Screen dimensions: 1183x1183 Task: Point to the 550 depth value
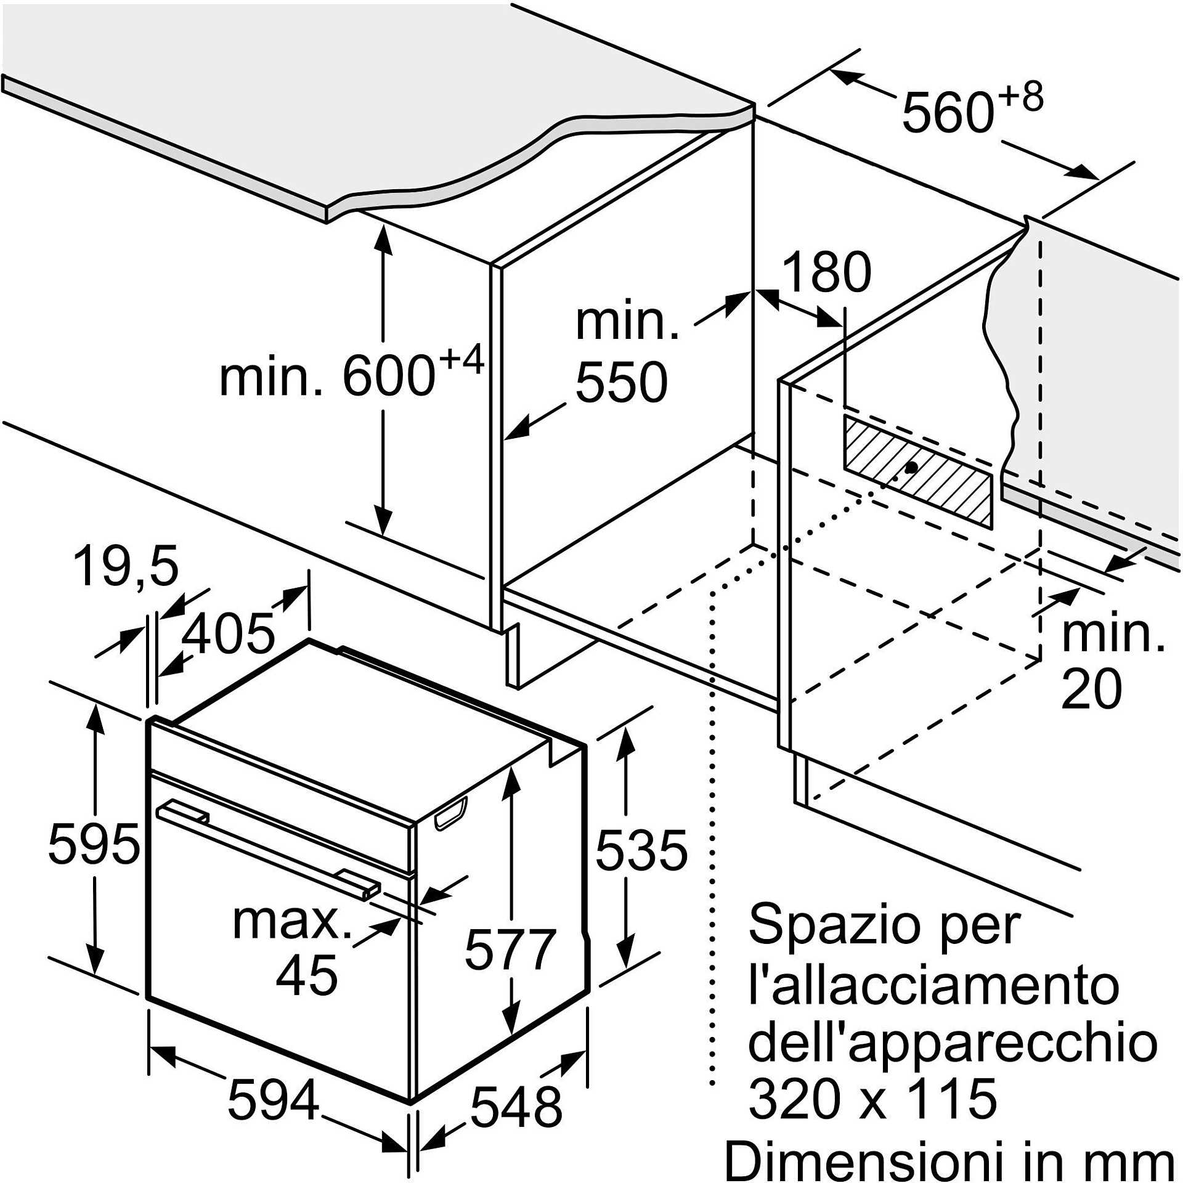tap(621, 382)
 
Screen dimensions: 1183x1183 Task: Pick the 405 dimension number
tap(229, 633)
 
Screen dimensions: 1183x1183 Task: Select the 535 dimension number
tap(641, 851)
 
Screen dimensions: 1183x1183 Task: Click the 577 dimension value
tap(510, 949)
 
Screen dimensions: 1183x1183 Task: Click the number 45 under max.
tap(306, 975)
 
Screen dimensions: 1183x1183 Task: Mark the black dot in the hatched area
tap(911, 468)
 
